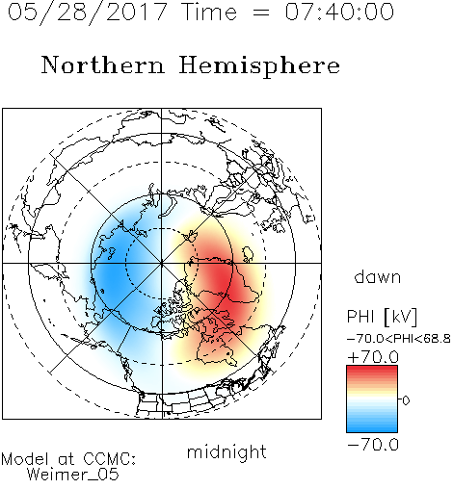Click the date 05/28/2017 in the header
[88, 13]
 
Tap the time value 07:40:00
[339, 12]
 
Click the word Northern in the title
[103, 65]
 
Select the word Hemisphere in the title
[259, 66]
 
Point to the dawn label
[378, 277]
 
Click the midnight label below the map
[226, 452]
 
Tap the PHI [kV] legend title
[382, 317]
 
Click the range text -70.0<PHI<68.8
[399, 339]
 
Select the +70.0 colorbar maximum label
[373, 357]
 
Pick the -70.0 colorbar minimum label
[373, 445]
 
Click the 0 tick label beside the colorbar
[406, 400]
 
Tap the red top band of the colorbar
[372, 370]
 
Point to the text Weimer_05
[73, 475]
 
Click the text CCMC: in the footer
[110, 459]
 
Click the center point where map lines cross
[162, 263]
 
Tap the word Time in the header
[209, 12]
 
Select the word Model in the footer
[25, 459]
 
